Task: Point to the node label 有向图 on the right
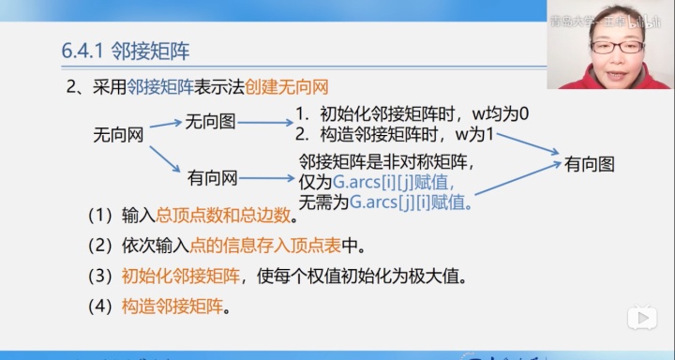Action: [x=590, y=164]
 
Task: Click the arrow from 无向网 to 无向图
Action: [x=165, y=125]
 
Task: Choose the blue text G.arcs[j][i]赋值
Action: [x=409, y=201]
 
